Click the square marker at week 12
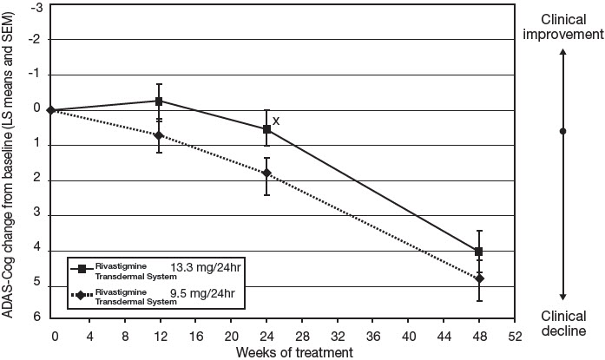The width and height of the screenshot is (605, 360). coord(159,101)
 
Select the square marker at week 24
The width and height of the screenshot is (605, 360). coord(266,129)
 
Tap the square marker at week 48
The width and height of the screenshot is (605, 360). coord(478,252)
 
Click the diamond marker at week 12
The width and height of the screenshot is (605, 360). coord(159,135)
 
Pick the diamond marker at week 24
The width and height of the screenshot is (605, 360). coord(266,173)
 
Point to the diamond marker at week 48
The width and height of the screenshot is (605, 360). coord(478,278)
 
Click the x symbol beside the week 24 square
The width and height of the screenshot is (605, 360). coord(276,121)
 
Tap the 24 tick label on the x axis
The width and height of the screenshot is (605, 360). coord(266,336)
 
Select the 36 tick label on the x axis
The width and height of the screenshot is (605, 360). coord(372,336)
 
